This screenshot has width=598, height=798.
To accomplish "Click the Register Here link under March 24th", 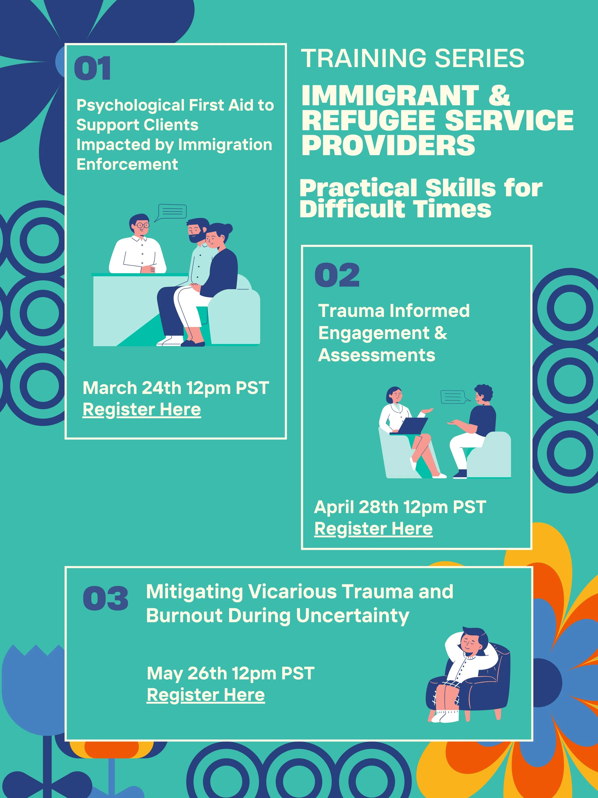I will [x=142, y=410].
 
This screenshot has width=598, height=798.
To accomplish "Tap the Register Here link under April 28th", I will [x=373, y=529].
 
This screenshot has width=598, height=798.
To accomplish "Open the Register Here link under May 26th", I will [x=205, y=695].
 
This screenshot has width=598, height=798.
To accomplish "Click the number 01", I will [x=92, y=68].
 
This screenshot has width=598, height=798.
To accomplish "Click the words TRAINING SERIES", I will [x=412, y=58].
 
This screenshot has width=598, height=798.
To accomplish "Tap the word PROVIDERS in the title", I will [x=388, y=145].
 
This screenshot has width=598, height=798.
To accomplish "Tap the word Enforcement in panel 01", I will [x=127, y=164].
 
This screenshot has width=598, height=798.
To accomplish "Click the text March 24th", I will [x=132, y=388].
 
